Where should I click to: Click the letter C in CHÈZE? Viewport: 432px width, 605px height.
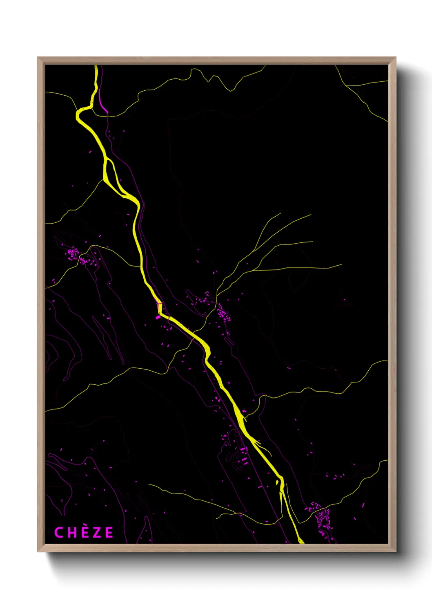[59, 533]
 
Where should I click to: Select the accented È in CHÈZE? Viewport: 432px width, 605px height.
[85, 533]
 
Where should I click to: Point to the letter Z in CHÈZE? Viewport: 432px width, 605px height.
[97, 533]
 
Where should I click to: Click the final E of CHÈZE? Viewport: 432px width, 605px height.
[109, 533]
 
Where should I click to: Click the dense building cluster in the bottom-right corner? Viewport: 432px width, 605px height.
[323, 517]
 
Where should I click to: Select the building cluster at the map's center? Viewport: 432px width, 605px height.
[223, 313]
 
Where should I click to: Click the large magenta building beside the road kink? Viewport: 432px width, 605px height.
[158, 317]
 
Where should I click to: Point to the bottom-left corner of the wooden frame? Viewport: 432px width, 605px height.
[38, 551]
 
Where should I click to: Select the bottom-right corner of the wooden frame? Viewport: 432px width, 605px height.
[395, 551]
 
